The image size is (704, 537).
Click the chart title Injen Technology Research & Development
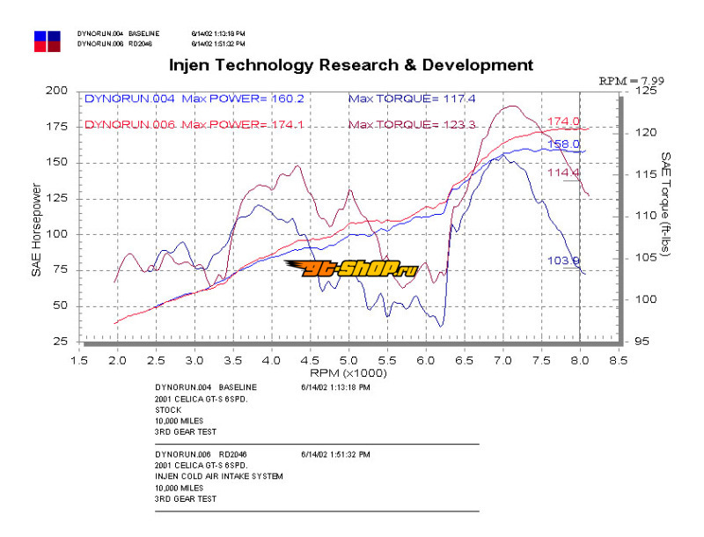tap(350, 64)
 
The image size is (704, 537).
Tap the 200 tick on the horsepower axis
tap(58, 91)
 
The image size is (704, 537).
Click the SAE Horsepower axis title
tap(36, 230)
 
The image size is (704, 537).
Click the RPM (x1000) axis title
tap(349, 373)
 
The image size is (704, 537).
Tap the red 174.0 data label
tap(563, 121)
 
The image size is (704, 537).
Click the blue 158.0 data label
tap(563, 143)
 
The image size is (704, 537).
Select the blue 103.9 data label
tap(564, 261)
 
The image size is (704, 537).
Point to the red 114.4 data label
tap(563, 173)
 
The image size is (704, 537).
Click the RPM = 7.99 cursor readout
tap(631, 80)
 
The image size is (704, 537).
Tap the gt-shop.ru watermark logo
tap(350, 268)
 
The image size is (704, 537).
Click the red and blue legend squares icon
tap(48, 40)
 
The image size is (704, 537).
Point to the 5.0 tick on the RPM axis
tap(349, 359)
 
